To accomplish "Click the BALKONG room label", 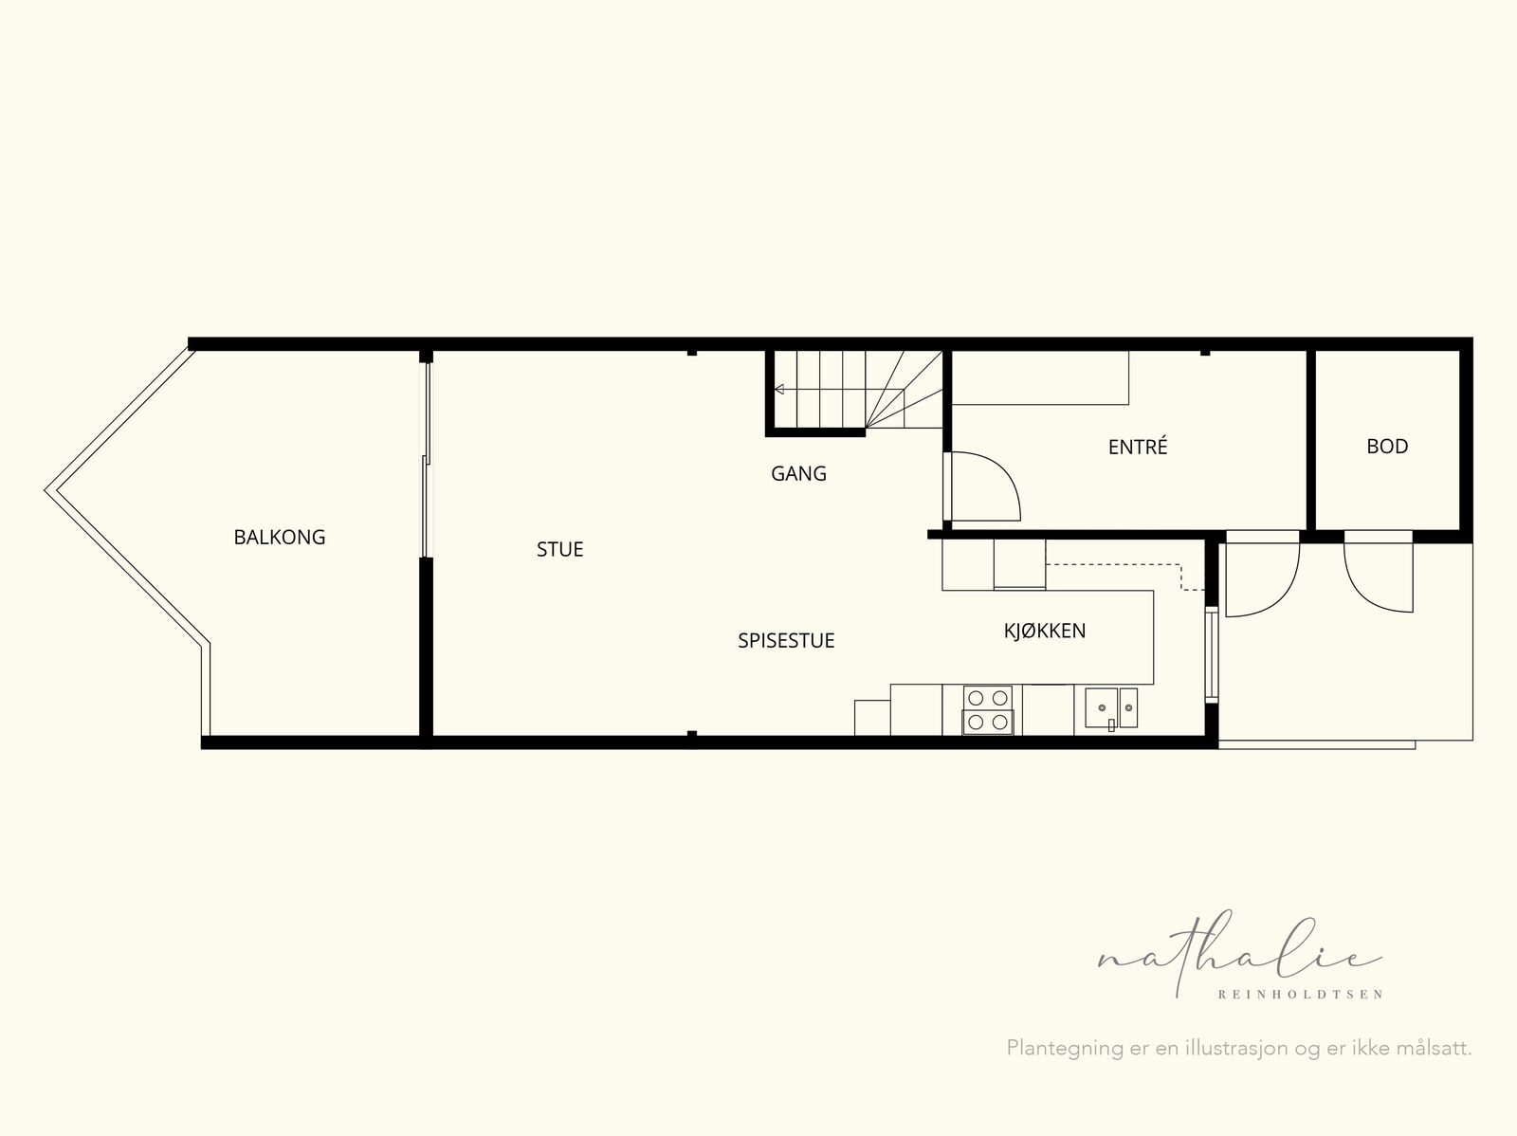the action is (279, 537).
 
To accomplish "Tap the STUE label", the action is (559, 549).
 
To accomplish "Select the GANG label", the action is (798, 473).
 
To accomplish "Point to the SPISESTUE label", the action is (786, 641).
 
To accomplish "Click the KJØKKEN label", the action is (1044, 631).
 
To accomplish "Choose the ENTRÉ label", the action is (1138, 447).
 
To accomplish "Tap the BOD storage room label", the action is (1387, 447).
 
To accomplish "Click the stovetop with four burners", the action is (988, 709).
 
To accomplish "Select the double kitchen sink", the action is (1110, 708).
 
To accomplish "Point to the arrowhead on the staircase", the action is (779, 390).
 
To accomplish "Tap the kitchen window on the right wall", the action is (1211, 654).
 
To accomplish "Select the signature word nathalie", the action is (1239, 955).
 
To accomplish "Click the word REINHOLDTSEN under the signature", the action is (1300, 995).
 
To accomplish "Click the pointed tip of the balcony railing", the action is (46, 491).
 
